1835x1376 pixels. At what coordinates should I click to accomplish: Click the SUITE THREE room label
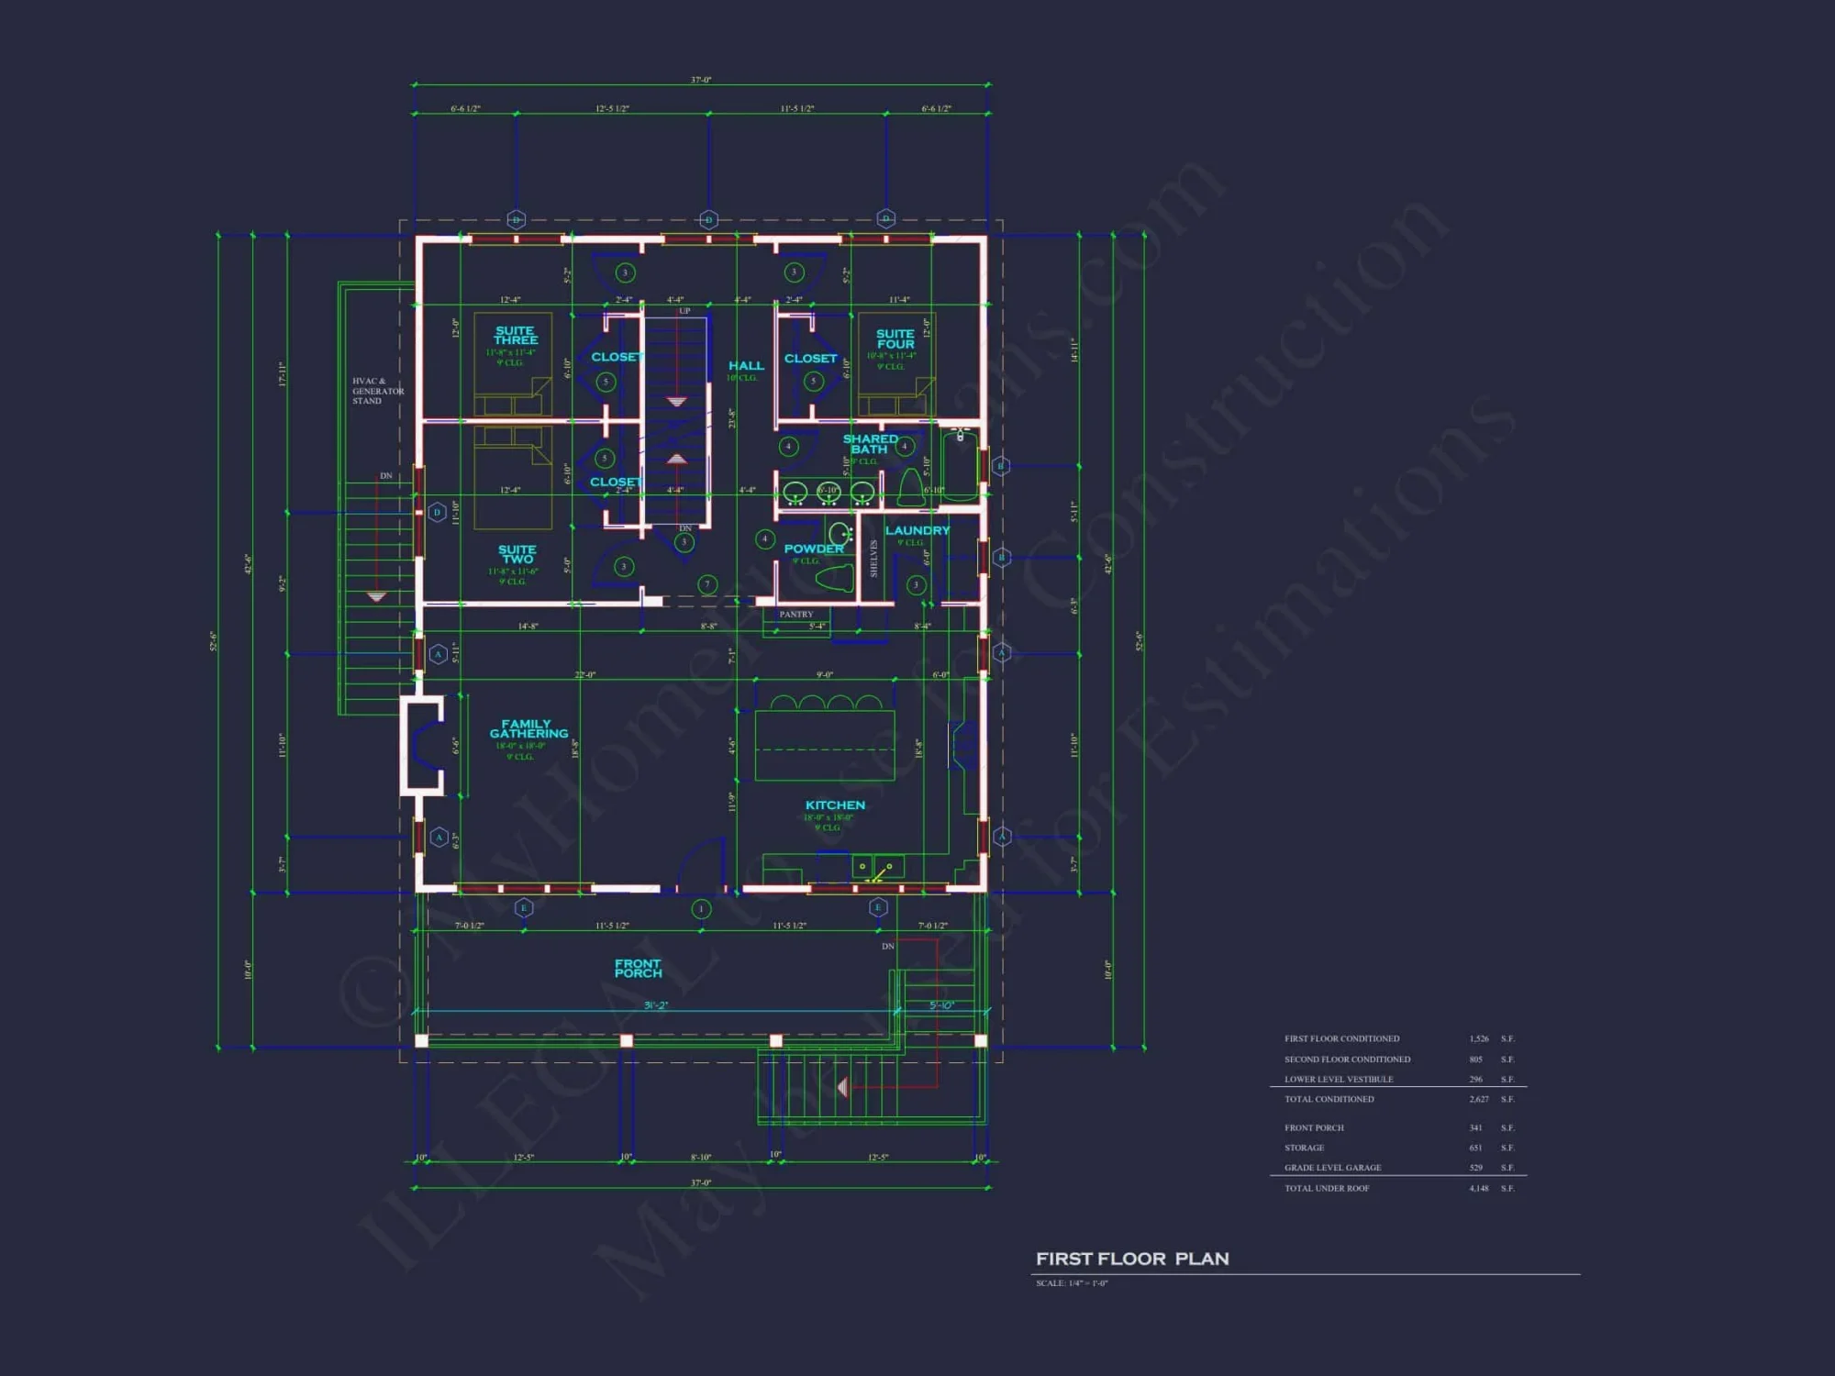click(x=515, y=336)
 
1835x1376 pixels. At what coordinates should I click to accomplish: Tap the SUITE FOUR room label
click(x=895, y=338)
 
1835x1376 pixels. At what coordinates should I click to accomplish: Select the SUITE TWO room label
click(x=517, y=554)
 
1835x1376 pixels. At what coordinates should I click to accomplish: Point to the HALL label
click(x=746, y=365)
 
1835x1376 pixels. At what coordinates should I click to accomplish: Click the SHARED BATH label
click(x=870, y=444)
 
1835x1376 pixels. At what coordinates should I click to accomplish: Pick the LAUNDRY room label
click(x=917, y=530)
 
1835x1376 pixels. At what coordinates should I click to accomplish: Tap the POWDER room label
click(x=813, y=549)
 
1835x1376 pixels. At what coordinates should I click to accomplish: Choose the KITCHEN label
click(x=835, y=805)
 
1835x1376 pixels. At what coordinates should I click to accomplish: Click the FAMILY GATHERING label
click(x=528, y=728)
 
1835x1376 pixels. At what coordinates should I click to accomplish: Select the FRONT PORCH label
click(x=638, y=968)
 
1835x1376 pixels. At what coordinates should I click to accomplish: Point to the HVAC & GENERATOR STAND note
click(x=377, y=391)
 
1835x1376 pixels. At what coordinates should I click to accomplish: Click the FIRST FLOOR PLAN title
click(x=1132, y=1259)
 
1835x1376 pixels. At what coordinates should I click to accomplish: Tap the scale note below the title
click(x=1072, y=1283)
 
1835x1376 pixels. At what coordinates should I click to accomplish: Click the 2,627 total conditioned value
click(x=1478, y=1099)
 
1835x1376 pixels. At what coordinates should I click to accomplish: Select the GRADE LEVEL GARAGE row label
click(x=1332, y=1168)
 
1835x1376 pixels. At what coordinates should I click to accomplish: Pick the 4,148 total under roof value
click(x=1478, y=1188)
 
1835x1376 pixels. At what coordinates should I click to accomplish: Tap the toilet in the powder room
click(x=834, y=579)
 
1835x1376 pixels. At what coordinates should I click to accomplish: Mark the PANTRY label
click(x=795, y=615)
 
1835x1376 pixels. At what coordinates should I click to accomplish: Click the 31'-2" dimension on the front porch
click(x=655, y=1005)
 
